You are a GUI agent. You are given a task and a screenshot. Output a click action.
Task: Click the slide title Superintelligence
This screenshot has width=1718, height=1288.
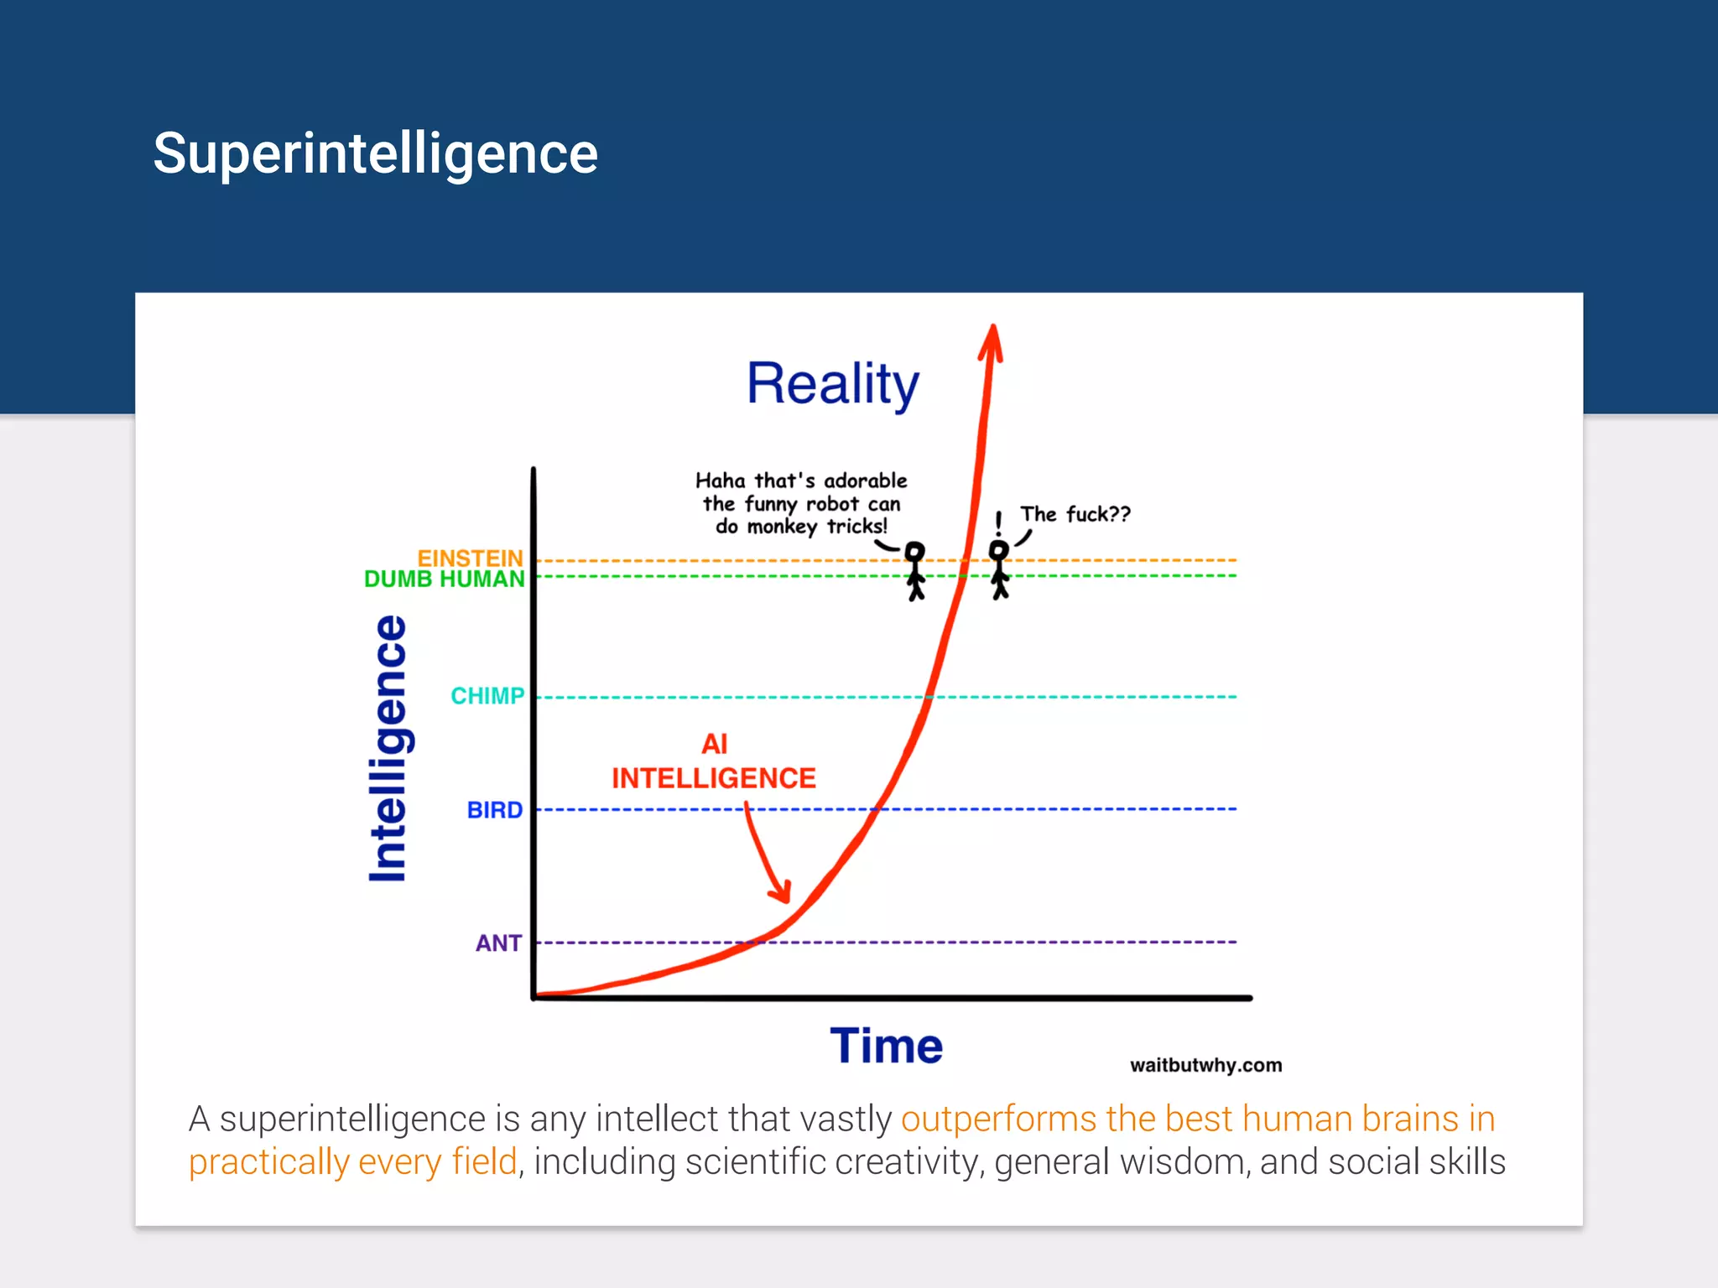(375, 154)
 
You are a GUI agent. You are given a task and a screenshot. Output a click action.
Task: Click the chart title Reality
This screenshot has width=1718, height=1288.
(832, 384)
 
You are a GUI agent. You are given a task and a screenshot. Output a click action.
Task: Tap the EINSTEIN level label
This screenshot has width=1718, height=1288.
(470, 558)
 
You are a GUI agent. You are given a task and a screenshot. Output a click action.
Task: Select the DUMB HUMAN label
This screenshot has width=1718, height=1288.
(444, 579)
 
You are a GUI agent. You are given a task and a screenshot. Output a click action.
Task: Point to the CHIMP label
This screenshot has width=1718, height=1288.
(487, 696)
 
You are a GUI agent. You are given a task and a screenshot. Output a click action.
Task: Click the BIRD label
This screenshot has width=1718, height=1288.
(494, 810)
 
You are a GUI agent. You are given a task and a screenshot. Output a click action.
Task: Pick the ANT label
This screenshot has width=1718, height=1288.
(498, 943)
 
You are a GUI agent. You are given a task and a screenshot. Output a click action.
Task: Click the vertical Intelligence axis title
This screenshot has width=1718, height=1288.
(388, 749)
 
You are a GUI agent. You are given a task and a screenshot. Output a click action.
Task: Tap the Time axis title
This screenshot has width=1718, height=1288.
(886, 1046)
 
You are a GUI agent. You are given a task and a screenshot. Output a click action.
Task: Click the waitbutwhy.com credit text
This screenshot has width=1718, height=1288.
(1205, 1065)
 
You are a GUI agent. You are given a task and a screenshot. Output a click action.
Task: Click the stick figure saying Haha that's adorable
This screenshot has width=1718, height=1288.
(915, 570)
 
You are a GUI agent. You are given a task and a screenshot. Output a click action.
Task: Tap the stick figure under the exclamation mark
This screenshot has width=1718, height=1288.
(999, 570)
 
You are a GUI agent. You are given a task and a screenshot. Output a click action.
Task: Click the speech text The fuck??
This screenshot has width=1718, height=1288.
(1075, 514)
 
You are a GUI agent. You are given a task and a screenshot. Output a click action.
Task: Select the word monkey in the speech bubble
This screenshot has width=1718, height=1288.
(781, 527)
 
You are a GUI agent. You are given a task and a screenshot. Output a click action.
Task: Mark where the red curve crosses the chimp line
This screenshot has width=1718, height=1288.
(929, 697)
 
